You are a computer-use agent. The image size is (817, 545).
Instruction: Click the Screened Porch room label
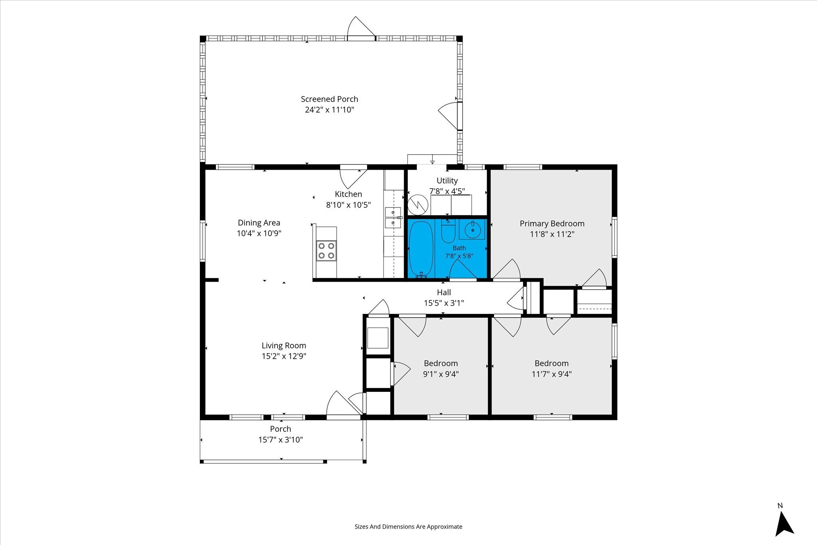(x=330, y=99)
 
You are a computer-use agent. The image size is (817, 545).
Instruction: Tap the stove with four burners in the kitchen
(x=326, y=251)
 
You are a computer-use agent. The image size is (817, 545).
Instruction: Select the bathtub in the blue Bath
(x=421, y=249)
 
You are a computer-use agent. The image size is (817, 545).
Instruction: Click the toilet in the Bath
(x=448, y=231)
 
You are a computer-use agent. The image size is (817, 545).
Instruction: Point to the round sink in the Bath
(x=472, y=229)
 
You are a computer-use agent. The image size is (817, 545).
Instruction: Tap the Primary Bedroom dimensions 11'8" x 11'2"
(x=552, y=234)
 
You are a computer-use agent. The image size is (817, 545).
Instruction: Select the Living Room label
(x=284, y=346)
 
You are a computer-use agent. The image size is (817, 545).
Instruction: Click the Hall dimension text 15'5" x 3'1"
(x=444, y=303)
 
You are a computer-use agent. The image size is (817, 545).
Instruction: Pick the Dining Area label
(x=259, y=223)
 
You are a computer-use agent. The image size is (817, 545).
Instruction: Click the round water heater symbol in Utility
(x=418, y=205)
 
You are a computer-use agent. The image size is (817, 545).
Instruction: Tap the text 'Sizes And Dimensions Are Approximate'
(x=408, y=527)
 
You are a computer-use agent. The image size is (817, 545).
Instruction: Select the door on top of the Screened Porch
(x=361, y=28)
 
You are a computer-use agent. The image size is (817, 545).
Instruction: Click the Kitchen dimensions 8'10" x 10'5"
(x=349, y=205)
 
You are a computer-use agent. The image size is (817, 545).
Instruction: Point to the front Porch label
(x=280, y=429)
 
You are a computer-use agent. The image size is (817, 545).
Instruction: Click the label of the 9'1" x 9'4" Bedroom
(x=441, y=363)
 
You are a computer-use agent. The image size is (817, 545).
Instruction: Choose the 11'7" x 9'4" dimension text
(x=552, y=374)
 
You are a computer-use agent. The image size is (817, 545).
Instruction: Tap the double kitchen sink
(x=393, y=217)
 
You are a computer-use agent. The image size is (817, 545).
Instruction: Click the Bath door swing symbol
(x=463, y=270)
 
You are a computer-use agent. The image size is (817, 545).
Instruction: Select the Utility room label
(x=447, y=181)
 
